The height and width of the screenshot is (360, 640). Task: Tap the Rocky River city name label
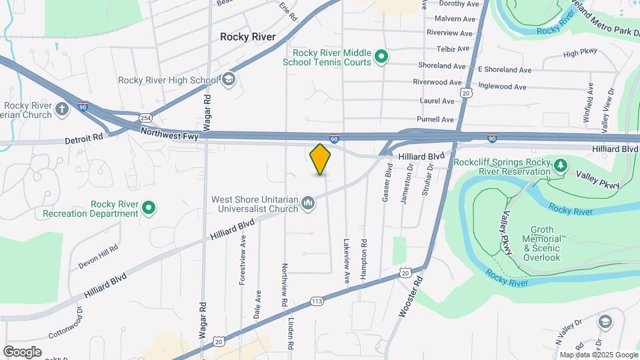click(x=248, y=37)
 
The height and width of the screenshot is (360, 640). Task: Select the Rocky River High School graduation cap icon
click(x=229, y=80)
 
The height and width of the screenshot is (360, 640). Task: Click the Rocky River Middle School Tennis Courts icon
click(x=381, y=57)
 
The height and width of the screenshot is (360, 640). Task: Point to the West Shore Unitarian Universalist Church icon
click(x=308, y=203)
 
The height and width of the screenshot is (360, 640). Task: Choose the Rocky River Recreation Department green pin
click(x=150, y=208)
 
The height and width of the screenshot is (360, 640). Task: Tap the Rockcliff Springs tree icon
click(x=561, y=165)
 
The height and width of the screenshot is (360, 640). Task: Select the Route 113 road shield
click(x=317, y=302)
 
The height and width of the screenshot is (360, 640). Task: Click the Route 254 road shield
click(x=145, y=118)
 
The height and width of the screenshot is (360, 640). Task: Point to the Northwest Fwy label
click(x=169, y=134)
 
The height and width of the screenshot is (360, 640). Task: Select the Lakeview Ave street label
click(x=347, y=263)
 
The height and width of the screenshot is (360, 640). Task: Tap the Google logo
click(x=22, y=351)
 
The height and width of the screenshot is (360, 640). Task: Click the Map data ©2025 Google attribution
click(x=598, y=355)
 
